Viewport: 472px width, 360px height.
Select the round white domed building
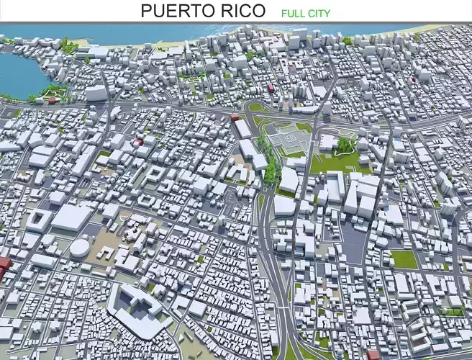pos(79,248)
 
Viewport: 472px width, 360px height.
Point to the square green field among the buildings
pos(404,259)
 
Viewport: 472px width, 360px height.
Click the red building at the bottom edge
pos(373,354)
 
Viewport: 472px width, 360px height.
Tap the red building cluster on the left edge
pos(4,266)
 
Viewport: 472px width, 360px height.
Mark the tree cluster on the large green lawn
pos(346,146)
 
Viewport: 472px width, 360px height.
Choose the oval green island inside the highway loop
pos(255,107)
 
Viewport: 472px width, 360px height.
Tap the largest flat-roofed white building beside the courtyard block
pos(72,217)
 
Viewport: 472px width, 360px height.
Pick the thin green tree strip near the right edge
pos(453,312)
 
